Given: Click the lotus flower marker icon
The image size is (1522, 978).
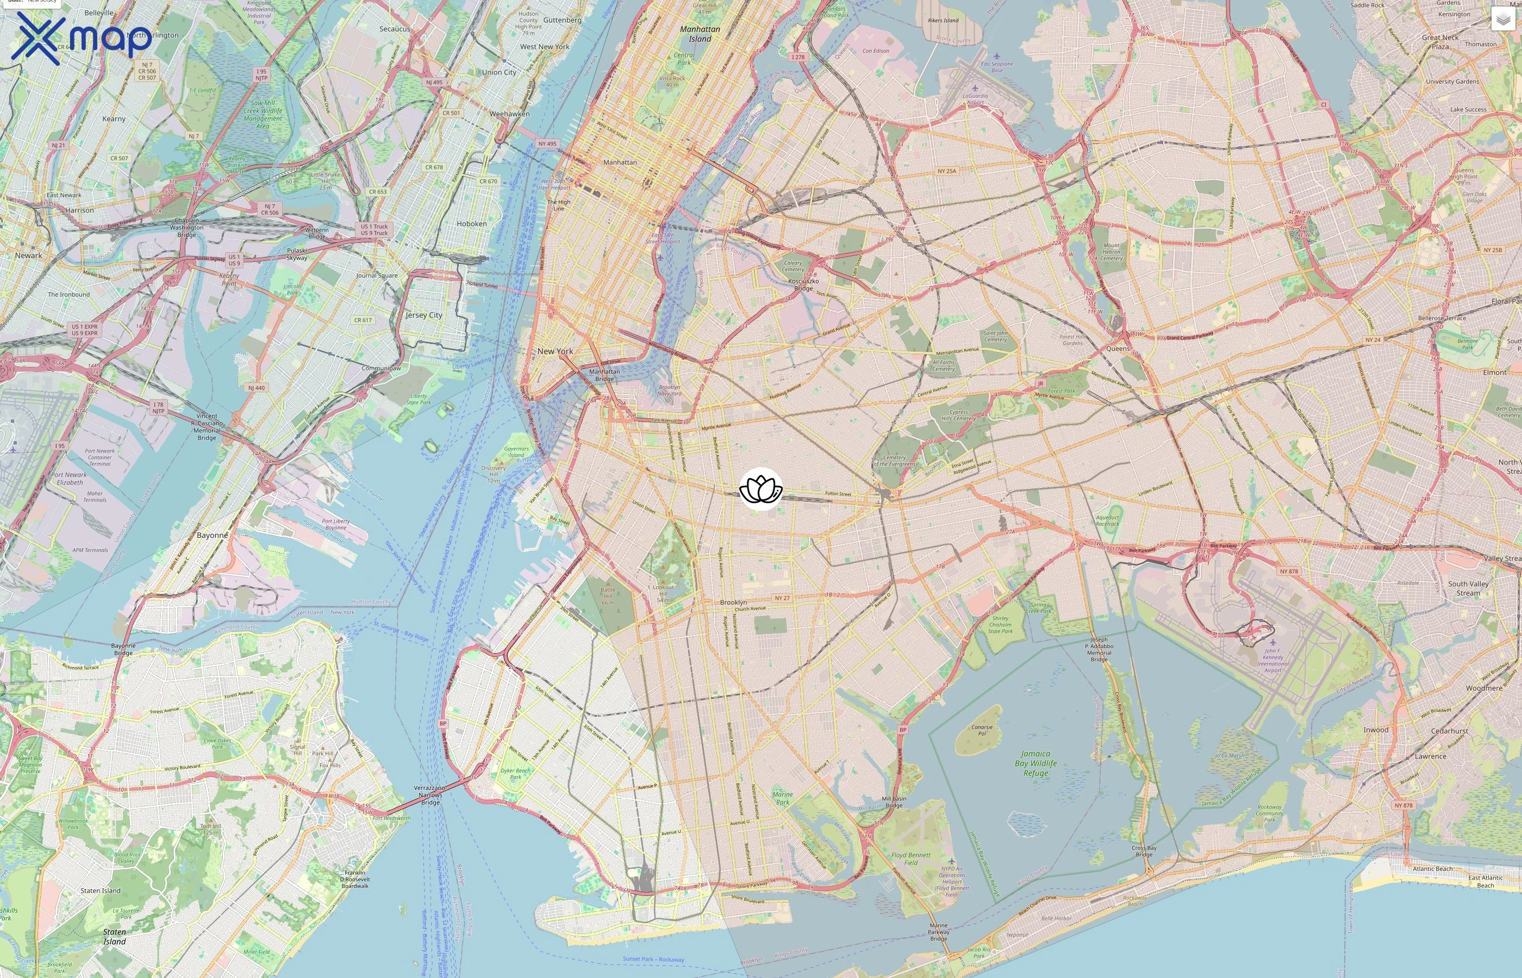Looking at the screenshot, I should click(x=760, y=489).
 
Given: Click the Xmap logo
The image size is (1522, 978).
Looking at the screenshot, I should click(x=82, y=38).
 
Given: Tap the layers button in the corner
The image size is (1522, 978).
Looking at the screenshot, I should click(x=1502, y=19).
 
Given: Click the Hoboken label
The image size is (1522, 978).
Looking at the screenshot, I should click(x=471, y=223).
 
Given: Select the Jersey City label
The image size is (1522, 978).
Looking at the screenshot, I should click(x=423, y=315).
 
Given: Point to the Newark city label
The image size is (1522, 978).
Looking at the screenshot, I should click(x=29, y=255).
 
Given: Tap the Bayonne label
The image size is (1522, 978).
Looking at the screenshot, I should click(x=212, y=535).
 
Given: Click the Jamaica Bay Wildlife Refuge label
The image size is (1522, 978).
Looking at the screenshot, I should click(x=1036, y=763).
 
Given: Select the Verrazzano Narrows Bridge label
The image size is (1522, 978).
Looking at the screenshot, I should click(x=430, y=795).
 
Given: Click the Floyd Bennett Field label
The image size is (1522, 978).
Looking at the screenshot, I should click(x=910, y=858).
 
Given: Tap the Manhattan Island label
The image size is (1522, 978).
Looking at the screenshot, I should click(x=700, y=34).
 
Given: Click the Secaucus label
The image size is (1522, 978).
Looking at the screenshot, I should click(x=395, y=29).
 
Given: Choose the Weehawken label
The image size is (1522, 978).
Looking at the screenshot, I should click(x=509, y=114).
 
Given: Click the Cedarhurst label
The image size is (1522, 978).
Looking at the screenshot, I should click(x=1449, y=731).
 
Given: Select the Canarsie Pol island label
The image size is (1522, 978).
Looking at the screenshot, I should click(x=982, y=730).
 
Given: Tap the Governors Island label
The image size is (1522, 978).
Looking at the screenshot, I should click(x=516, y=452).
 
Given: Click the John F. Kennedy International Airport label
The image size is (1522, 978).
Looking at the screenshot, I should click(x=1273, y=661).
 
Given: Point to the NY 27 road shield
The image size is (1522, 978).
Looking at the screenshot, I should click(x=782, y=598).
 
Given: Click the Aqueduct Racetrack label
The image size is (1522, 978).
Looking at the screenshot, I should click(x=1107, y=521).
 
